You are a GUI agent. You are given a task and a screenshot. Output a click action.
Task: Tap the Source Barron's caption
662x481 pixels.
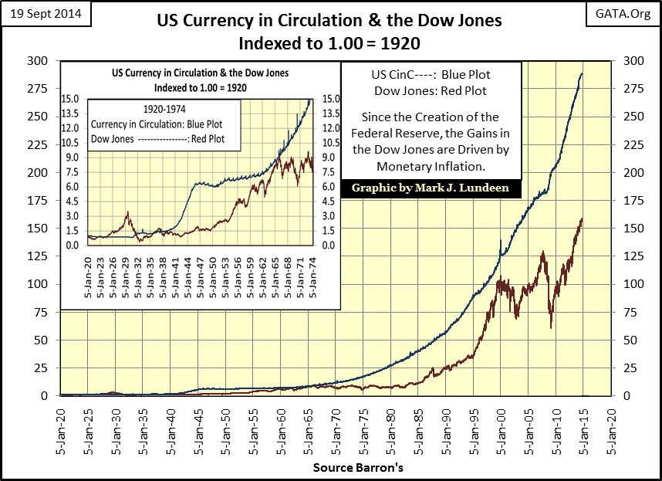(336, 468)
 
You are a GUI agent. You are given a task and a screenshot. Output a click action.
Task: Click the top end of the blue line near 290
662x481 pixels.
(582, 73)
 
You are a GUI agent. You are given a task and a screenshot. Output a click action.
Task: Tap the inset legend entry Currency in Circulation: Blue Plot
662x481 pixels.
(164, 124)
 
